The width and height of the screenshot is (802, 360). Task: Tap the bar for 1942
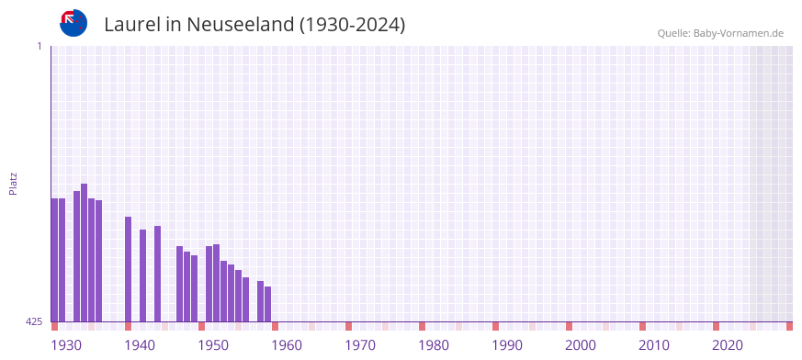coord(142,276)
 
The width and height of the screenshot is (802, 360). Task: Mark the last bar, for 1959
coord(267,304)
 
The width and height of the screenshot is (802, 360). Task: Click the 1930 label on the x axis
coord(65,345)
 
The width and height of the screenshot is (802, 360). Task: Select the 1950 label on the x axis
coord(212,345)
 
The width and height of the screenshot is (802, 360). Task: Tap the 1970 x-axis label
coord(359,345)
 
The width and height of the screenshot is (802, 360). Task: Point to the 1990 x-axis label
coord(506,345)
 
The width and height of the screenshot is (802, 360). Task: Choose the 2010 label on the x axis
coord(653,345)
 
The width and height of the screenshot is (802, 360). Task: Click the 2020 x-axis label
coord(727,345)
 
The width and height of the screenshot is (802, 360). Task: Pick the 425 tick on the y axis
coord(34,321)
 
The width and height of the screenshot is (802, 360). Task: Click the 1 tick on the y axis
coord(39,46)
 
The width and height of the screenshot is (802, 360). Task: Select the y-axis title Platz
coord(13,184)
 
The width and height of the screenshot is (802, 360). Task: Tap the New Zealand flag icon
coord(73,23)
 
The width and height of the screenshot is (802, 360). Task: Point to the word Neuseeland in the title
coord(240,25)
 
